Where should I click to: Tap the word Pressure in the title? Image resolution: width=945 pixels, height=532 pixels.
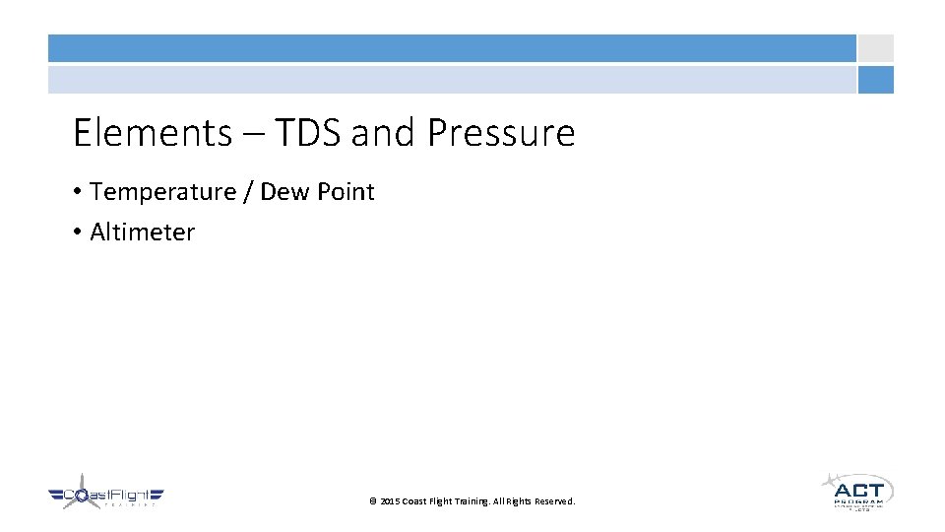pos(501,132)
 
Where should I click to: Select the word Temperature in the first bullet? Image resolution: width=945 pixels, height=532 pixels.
pos(162,192)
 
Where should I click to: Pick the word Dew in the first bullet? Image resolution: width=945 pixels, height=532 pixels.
pos(284,192)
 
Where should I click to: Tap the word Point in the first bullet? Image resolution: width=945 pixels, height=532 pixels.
pos(345,192)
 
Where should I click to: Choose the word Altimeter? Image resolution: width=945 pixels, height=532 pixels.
pos(143,233)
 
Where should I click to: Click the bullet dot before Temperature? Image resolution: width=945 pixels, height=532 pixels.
pos(77,193)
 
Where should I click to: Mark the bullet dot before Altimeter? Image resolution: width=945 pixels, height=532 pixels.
pos(77,233)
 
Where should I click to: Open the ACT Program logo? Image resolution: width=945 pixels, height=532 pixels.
pos(856,491)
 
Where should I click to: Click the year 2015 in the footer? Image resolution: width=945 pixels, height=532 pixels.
pos(390,501)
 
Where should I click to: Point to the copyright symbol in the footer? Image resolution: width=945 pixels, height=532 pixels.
pos(373,501)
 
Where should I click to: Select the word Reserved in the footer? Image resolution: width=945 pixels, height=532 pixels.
pos(555,501)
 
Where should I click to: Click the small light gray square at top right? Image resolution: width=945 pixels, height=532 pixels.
pos(875,48)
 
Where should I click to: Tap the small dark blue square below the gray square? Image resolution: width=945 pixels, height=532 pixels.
pos(875,80)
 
